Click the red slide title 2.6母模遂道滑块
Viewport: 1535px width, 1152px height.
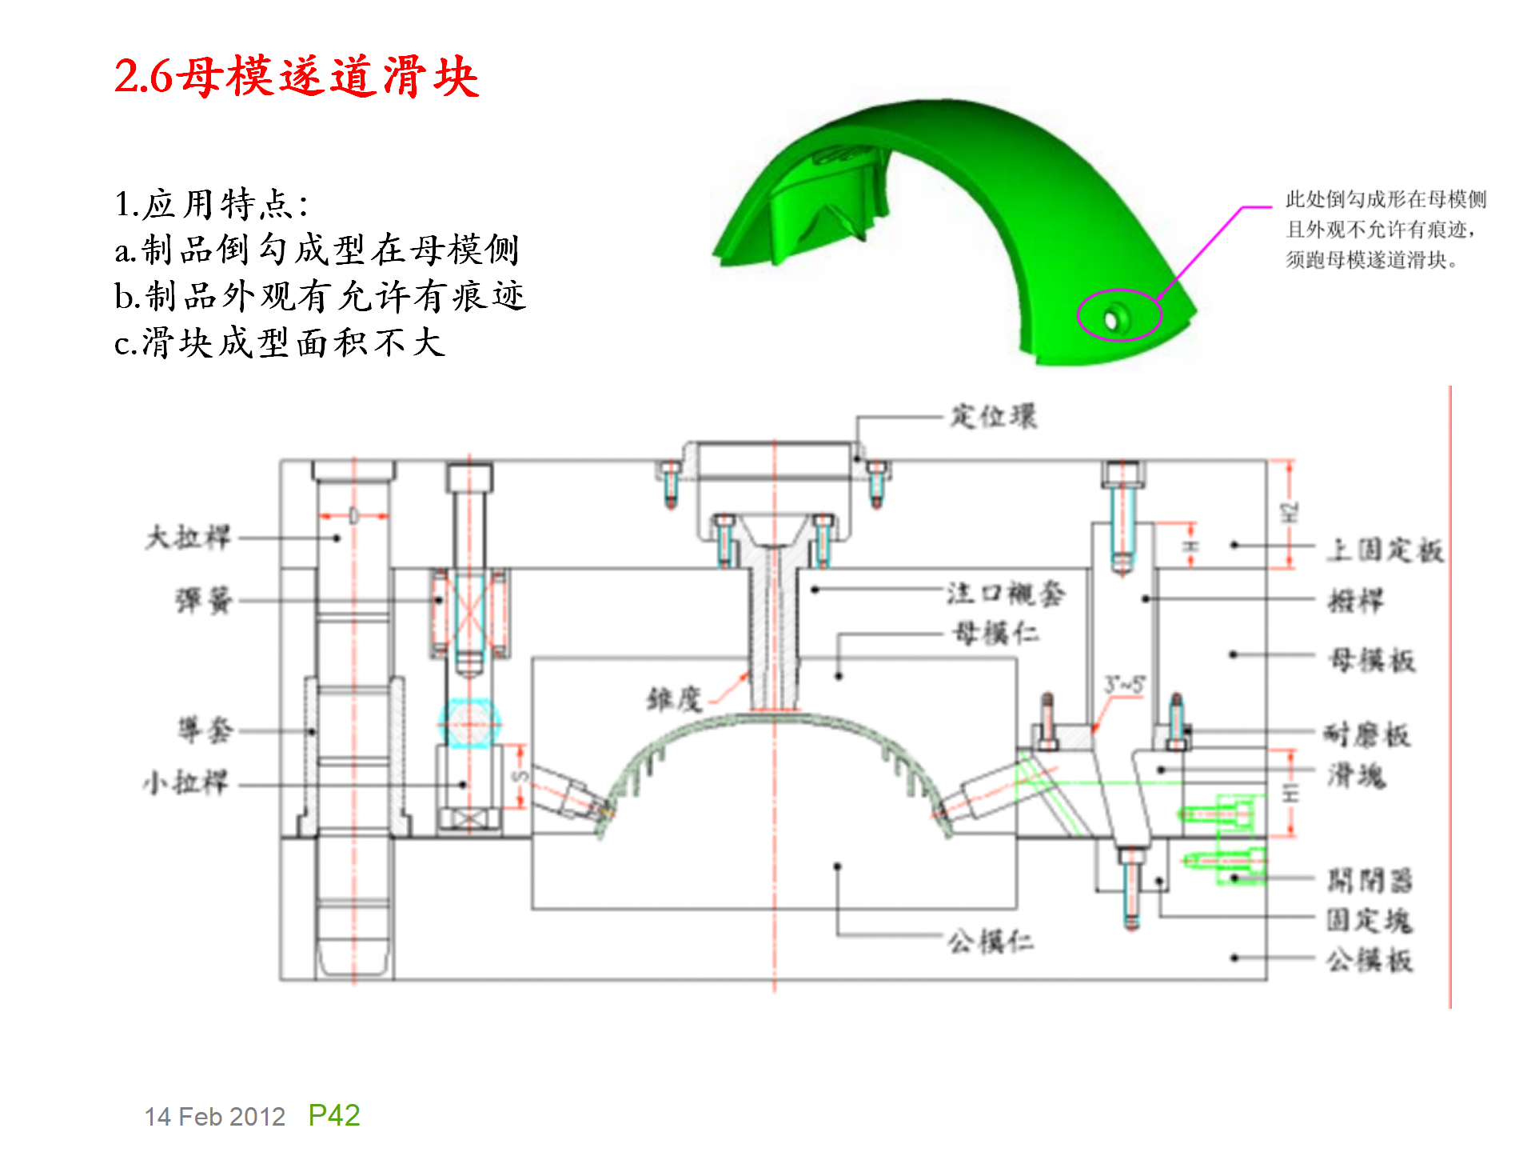point(296,77)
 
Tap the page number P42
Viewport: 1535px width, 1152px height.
point(334,1115)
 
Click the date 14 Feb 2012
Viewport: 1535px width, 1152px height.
point(214,1117)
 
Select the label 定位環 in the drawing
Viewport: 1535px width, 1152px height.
point(993,417)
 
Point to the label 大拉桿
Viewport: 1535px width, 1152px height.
point(188,537)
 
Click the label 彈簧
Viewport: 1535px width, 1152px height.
point(204,600)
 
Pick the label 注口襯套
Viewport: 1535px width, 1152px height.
point(1006,594)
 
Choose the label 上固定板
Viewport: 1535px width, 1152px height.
point(1385,550)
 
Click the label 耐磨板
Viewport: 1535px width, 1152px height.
point(1367,734)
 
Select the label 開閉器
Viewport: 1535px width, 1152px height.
point(1370,881)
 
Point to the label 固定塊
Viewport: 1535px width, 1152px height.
point(1370,920)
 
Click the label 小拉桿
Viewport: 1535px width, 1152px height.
point(186,782)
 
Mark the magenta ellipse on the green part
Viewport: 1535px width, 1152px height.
point(1118,315)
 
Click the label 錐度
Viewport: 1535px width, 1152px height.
point(674,699)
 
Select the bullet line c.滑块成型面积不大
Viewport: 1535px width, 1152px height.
point(280,343)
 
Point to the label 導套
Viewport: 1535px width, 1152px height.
point(205,730)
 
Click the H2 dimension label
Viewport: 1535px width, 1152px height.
point(1288,514)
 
